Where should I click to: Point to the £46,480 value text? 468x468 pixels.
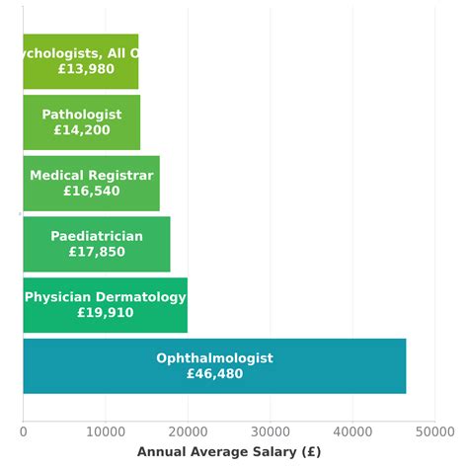(214, 374)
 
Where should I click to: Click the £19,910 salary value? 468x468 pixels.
(105, 313)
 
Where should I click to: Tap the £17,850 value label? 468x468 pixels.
(97, 253)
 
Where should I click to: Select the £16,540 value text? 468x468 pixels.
(91, 192)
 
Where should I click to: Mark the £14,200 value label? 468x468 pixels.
(82, 130)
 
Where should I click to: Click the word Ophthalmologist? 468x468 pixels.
(214, 358)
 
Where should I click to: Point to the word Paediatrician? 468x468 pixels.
(97, 237)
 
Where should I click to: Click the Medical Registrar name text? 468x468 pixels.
(91, 176)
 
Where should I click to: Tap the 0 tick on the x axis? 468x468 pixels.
(24, 431)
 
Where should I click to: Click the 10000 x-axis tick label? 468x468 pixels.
(106, 431)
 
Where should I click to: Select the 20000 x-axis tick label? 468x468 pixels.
(188, 431)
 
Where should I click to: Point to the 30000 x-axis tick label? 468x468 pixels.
(270, 431)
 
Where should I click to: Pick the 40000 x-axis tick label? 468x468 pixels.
(352, 431)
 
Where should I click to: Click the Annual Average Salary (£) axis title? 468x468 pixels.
(229, 452)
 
